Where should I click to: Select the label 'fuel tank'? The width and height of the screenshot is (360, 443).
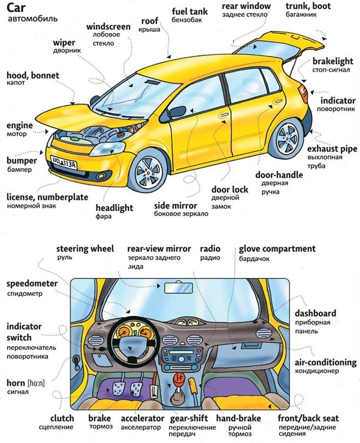coord(190,11)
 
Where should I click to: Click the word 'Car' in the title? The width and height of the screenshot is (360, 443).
coord(17,8)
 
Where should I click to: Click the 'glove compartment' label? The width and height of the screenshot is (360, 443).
coord(277,249)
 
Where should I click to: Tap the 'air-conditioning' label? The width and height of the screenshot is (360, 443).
coord(325,363)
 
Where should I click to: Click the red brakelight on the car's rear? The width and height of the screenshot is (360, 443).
coord(303,91)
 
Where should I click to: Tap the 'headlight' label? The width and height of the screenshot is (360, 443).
coord(114,208)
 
